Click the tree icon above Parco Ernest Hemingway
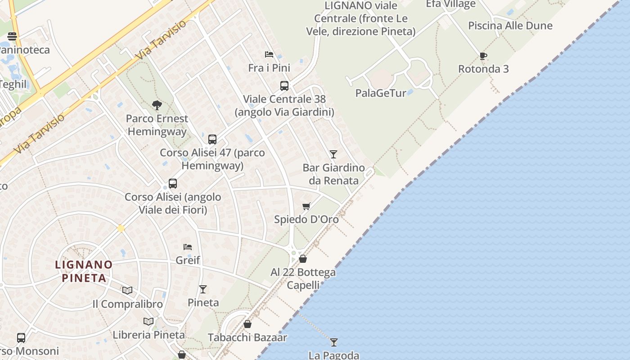click(157, 105)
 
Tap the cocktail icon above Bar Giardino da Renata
click(333, 154)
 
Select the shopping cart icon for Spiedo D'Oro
click(306, 206)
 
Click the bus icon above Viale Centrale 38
click(284, 85)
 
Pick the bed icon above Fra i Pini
click(269, 54)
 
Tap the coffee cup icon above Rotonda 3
click(483, 56)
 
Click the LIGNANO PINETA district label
click(84, 271)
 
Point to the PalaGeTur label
click(381, 93)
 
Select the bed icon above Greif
click(188, 247)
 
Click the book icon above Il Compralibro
click(127, 290)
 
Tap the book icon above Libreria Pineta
click(148, 321)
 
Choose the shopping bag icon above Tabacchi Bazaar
click(247, 324)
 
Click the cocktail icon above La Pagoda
click(333, 342)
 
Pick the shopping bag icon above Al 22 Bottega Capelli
click(303, 259)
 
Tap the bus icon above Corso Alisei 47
click(212, 139)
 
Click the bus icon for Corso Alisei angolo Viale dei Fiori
click(173, 183)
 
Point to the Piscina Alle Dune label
click(510, 26)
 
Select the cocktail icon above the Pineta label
click(203, 289)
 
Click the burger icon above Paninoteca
click(12, 36)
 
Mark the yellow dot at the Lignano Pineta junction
click(121, 229)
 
